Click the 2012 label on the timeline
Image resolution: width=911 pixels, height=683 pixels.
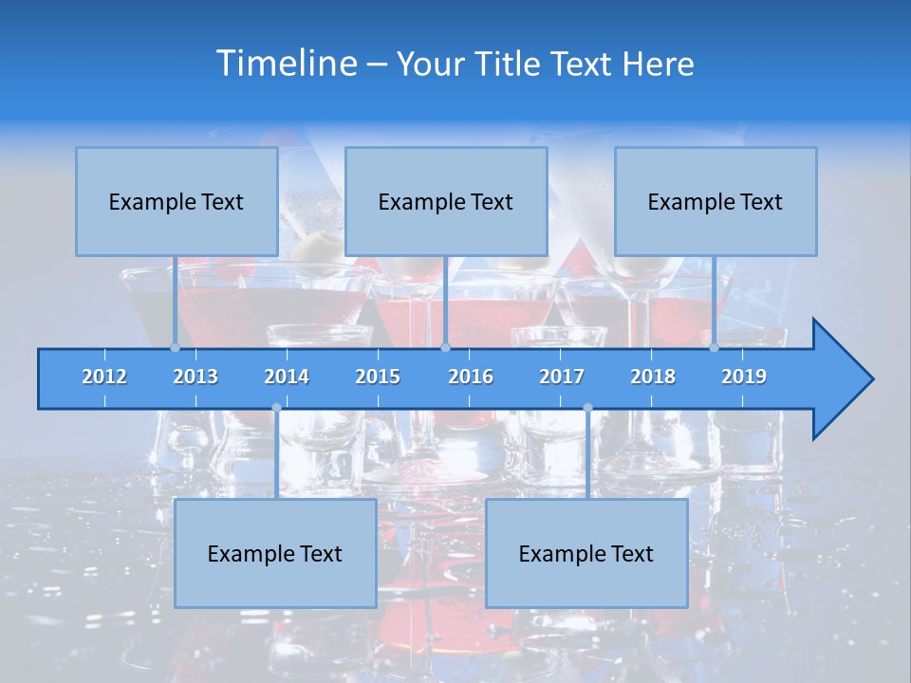[104, 377]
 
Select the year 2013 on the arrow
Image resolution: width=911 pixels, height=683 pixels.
[195, 377]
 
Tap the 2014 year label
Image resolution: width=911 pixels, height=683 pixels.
[287, 377]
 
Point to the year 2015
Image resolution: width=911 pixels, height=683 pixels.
[378, 377]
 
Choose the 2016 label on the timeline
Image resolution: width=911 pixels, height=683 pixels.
[471, 377]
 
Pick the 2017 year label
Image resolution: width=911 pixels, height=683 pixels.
[562, 377]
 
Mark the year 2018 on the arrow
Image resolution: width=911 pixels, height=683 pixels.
[653, 377]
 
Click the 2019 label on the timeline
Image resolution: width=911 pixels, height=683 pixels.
[744, 377]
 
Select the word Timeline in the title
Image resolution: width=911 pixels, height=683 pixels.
[286, 64]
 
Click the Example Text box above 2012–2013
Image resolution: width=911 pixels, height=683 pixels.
[177, 201]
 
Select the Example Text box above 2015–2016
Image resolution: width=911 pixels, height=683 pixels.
[446, 201]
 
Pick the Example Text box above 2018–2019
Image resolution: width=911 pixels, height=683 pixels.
[716, 201]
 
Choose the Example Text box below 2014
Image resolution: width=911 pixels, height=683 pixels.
[275, 553]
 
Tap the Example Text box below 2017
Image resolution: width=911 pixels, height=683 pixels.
[586, 553]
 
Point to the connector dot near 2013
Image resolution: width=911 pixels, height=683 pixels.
[175, 347]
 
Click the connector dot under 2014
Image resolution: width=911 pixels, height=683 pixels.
[276, 408]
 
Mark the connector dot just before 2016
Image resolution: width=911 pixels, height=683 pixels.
[445, 347]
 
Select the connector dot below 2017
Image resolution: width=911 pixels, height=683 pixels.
[587, 408]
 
